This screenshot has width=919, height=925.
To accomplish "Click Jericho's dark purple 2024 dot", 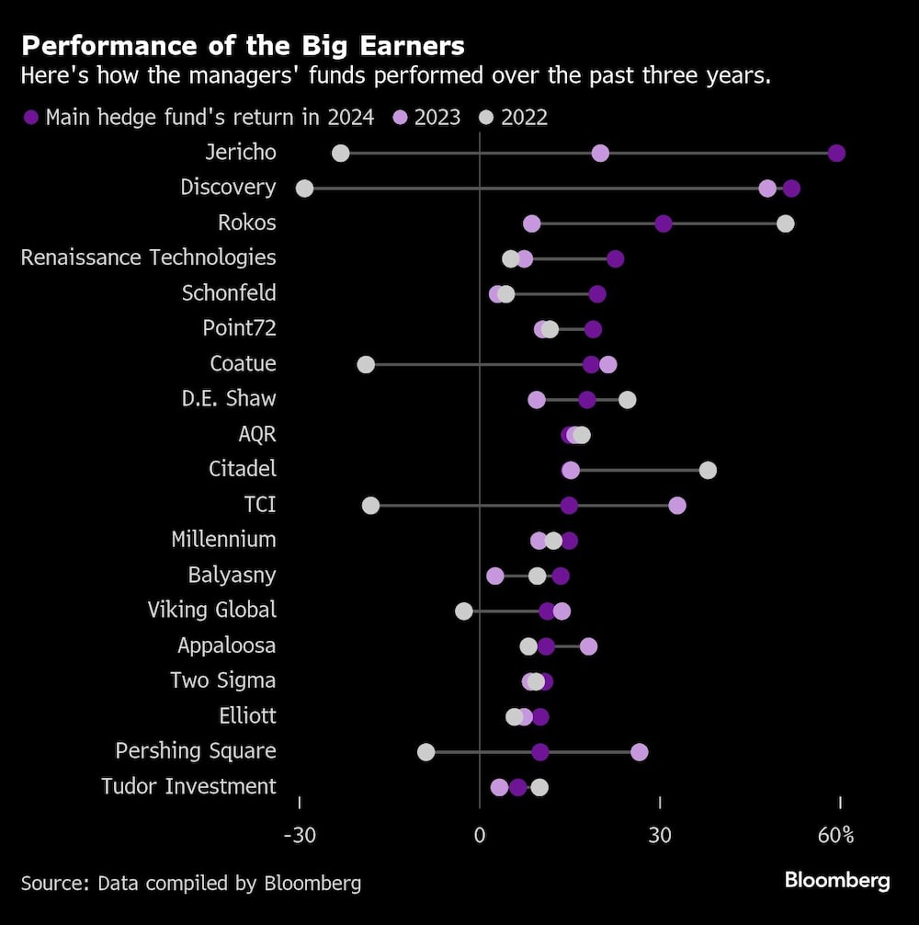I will pyautogui.click(x=836, y=153).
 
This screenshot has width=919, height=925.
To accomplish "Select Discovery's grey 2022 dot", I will pyautogui.click(x=304, y=188).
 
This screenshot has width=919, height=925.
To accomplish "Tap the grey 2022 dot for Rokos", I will pyautogui.click(x=785, y=223).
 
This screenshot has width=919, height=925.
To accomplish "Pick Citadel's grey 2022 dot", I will pyautogui.click(x=708, y=470).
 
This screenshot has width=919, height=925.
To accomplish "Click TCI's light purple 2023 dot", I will pyautogui.click(x=677, y=505).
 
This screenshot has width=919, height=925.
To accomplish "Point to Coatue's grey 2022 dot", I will pyautogui.click(x=366, y=364).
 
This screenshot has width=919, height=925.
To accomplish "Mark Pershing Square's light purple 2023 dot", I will pyautogui.click(x=640, y=752).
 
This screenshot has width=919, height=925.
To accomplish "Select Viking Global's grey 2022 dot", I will pyautogui.click(x=464, y=611).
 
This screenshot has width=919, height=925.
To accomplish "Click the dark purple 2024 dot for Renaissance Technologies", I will pyautogui.click(x=616, y=258).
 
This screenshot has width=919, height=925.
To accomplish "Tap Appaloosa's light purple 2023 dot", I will pyautogui.click(x=588, y=646).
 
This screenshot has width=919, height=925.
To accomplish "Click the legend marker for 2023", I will pyautogui.click(x=401, y=118).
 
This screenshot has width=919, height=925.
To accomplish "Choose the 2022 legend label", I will pyautogui.click(x=524, y=118).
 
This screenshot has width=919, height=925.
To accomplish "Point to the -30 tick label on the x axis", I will pyautogui.click(x=300, y=835).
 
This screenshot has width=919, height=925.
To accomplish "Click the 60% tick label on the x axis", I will pyautogui.click(x=836, y=835).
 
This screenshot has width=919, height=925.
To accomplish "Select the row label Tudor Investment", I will pyautogui.click(x=188, y=786).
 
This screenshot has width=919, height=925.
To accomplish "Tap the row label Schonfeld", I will pyautogui.click(x=229, y=293).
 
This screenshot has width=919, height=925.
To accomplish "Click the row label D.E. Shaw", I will pyautogui.click(x=229, y=399).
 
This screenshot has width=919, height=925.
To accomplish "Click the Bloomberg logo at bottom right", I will pyautogui.click(x=837, y=881).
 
